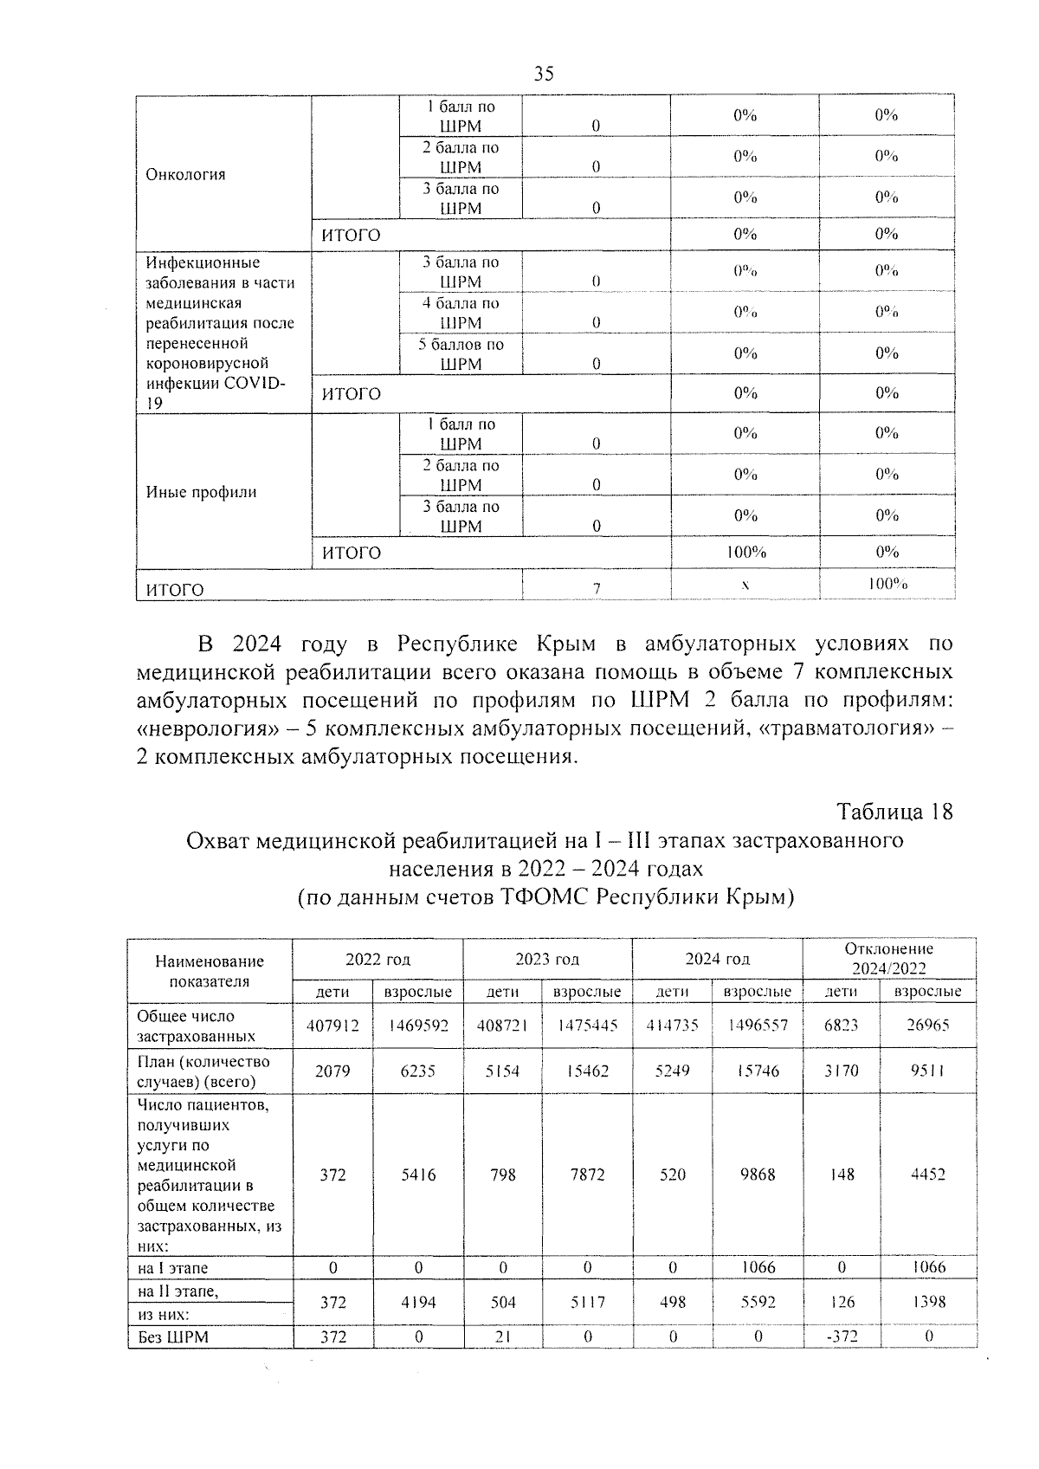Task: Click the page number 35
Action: (544, 74)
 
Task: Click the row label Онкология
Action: (185, 174)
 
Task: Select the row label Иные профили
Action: (201, 492)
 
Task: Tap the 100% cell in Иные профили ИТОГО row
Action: (745, 552)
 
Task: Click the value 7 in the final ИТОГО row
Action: (596, 588)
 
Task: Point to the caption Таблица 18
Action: (894, 812)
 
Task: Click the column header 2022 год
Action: (378, 960)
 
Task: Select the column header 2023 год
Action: (547, 960)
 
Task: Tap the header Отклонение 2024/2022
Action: (888, 959)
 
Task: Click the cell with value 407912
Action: (332, 1026)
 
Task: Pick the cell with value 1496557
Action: (758, 1026)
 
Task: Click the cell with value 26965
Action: (927, 1026)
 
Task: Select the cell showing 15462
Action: (587, 1071)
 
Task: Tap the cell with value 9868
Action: (758, 1175)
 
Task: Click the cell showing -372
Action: (841, 1336)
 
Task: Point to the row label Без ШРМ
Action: (173, 1337)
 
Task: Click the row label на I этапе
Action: (172, 1268)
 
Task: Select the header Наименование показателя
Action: (210, 971)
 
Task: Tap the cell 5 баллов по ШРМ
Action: (461, 354)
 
